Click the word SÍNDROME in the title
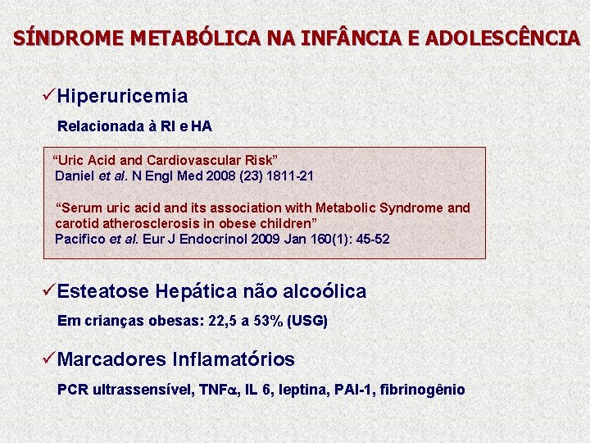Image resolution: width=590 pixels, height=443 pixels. (52, 38)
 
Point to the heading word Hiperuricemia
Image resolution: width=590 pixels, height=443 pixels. (123, 97)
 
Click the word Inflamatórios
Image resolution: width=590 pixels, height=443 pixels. (234, 359)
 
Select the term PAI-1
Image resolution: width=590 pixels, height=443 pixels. (352, 390)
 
